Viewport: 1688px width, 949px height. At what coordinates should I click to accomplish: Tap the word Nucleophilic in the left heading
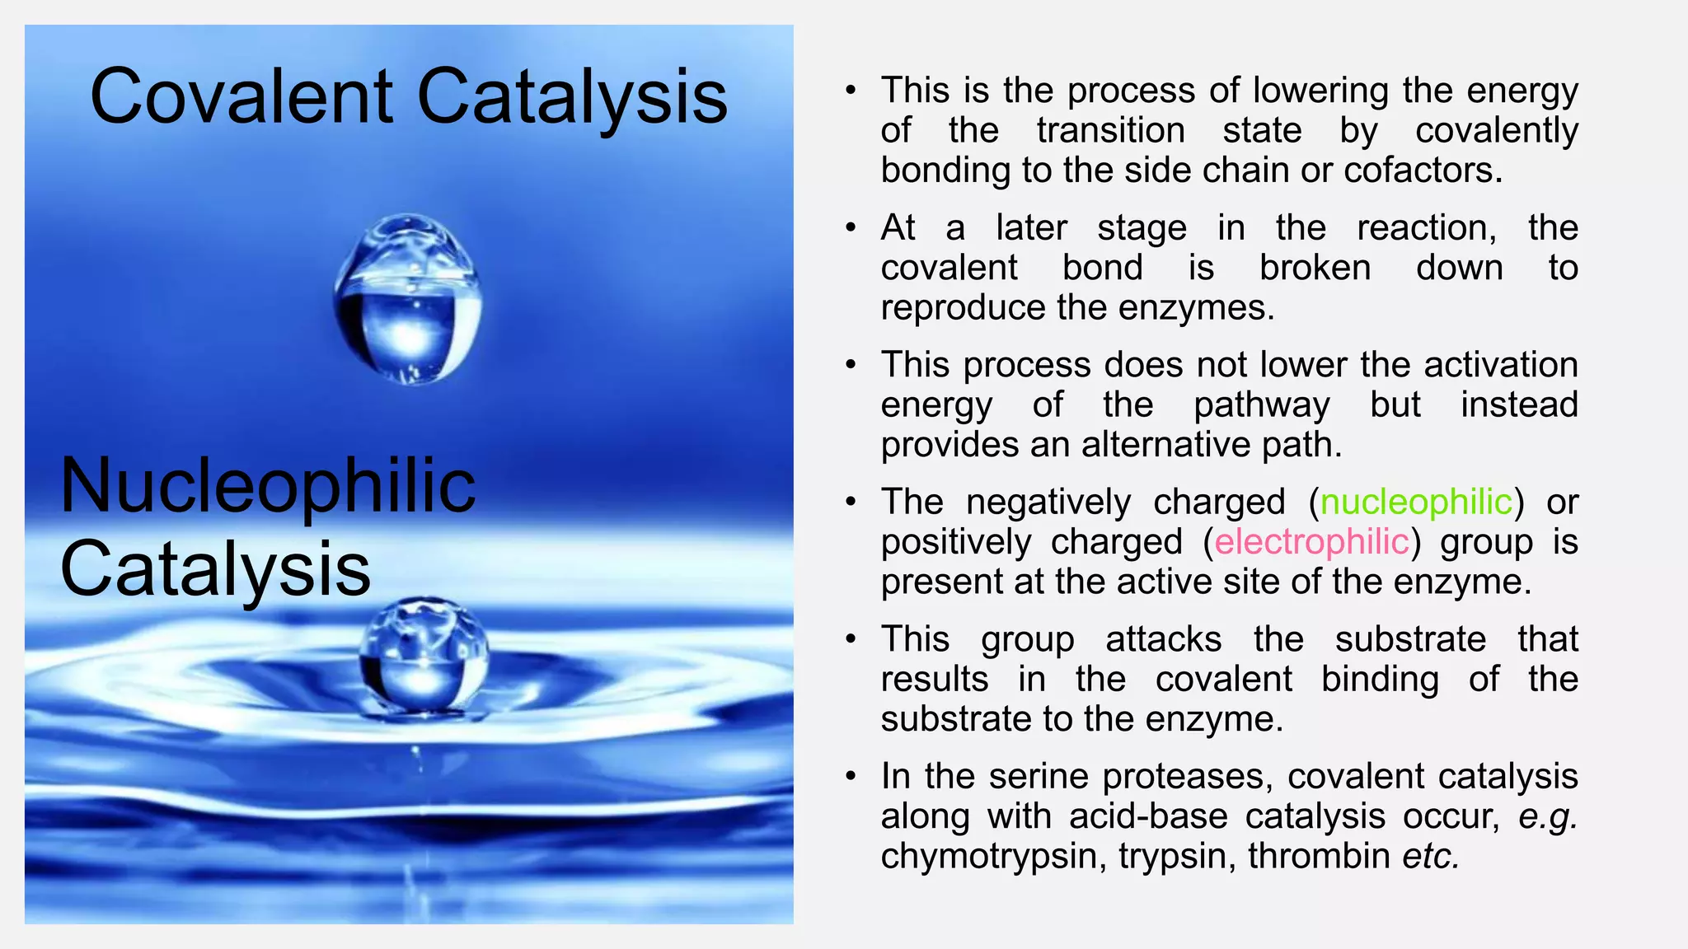point(268,486)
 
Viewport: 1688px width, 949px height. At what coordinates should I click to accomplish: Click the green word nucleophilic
point(1416,502)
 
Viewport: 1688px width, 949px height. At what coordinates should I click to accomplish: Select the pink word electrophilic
point(1311,542)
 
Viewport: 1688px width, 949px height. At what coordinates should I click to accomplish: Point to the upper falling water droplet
point(408,298)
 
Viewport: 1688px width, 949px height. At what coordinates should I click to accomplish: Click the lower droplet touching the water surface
point(424,655)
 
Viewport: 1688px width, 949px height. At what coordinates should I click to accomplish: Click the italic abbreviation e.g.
point(1547,816)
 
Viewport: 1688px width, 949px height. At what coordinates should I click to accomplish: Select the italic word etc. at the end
point(1431,856)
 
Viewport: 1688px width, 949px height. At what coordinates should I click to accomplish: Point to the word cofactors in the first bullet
point(1423,170)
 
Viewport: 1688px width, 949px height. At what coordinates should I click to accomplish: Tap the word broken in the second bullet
point(1315,268)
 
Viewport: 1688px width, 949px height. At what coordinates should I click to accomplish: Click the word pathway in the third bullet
point(1261,405)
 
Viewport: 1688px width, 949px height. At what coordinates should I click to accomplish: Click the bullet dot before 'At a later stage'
point(851,228)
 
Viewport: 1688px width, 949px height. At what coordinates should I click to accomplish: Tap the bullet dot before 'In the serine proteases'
point(851,777)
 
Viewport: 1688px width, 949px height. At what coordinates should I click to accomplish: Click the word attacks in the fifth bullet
point(1163,639)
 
